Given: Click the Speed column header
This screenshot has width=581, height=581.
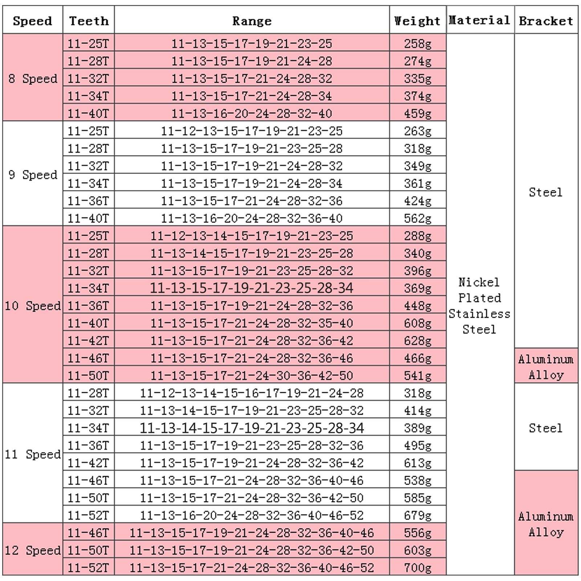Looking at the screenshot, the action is pos(32,21).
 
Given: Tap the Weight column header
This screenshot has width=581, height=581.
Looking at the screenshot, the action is pos(417,21).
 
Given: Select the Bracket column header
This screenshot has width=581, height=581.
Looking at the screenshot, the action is pos(546,21).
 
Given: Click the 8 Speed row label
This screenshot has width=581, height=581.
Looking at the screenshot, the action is pos(33,78).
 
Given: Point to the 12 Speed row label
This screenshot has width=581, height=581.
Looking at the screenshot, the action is pos(33,550).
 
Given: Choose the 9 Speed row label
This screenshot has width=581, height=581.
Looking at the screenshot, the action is pos(33,175).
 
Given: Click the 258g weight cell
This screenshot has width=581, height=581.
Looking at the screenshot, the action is pos(418,44).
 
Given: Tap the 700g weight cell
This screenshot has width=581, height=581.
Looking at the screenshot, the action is pos(418,568).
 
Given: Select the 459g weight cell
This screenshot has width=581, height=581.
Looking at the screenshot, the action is pos(418,114).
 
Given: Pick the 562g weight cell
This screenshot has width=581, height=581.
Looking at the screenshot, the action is pos(418,218).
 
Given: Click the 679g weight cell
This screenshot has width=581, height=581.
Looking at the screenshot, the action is pos(418,515).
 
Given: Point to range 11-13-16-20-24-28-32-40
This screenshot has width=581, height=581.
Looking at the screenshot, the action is pos(252,114).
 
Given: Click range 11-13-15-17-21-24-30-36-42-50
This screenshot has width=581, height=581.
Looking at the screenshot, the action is pos(252,375).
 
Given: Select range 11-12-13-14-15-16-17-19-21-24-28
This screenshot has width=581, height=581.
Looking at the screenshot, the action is pos(252,393).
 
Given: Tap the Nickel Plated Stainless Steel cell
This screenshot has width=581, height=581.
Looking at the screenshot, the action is pos(479,306).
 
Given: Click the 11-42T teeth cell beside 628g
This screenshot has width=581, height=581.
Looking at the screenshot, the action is pos(88,341).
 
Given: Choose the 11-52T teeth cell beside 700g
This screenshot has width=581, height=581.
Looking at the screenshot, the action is pos(88,568).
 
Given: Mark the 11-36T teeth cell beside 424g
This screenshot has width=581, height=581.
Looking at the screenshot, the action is pos(88,201).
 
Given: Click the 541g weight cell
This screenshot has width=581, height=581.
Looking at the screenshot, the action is pos(418,375).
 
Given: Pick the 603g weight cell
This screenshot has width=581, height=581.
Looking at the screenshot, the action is pos(418,550).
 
